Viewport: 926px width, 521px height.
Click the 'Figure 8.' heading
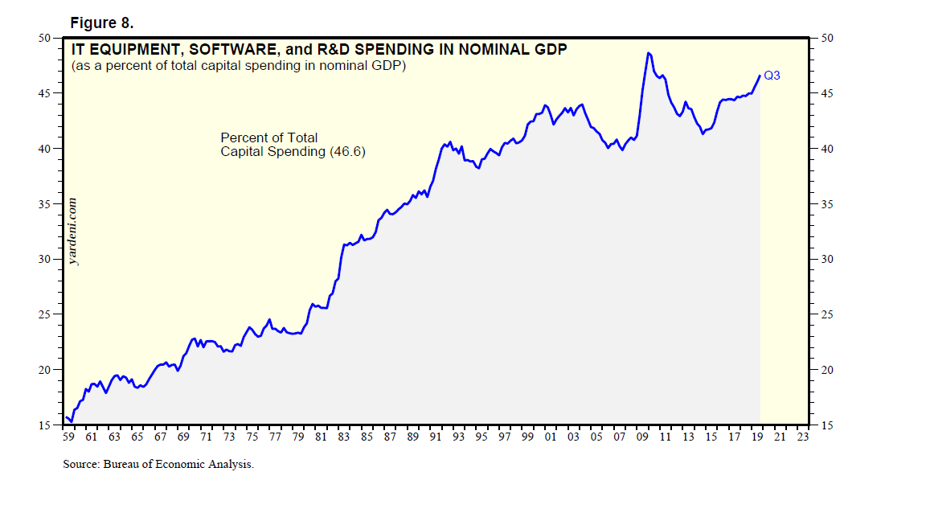[x=101, y=23]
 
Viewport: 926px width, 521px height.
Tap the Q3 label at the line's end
[x=772, y=76]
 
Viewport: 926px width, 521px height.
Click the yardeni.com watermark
[x=74, y=232]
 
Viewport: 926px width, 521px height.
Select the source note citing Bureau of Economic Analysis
[x=158, y=465]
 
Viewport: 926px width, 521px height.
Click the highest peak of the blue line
[x=648, y=53]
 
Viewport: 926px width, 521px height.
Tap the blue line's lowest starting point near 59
[x=72, y=420]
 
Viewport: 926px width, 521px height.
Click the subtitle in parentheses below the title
[x=238, y=65]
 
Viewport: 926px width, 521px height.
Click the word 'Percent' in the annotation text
[x=244, y=137]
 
